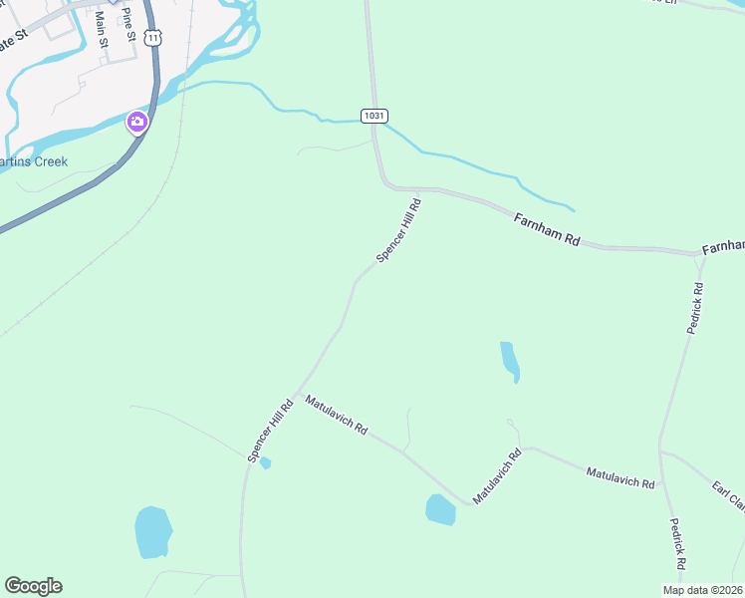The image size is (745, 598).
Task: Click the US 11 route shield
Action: coord(151,37)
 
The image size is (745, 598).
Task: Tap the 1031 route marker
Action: coord(373,116)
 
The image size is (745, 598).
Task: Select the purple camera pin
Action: coord(136,123)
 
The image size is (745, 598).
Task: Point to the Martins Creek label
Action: coord(34,161)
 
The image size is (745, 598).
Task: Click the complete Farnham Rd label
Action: coord(547,227)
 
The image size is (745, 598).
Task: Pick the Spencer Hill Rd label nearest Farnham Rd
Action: coord(398,230)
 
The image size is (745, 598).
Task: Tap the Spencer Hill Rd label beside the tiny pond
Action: coord(271,431)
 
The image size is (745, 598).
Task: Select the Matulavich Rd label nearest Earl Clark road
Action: coord(620,476)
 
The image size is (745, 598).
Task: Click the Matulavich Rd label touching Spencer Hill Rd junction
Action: coord(337,416)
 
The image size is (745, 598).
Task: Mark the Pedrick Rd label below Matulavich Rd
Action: coord(676,543)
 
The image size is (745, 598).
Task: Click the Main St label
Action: coord(100,29)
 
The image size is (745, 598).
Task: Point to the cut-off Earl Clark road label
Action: coord(729,497)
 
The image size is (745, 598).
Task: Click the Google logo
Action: coord(33,586)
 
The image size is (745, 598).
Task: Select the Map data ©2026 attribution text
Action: coord(702,590)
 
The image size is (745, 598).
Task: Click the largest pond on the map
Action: coord(152,532)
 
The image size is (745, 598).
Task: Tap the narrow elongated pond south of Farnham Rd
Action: coord(510,362)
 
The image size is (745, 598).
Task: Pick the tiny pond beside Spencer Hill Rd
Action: coord(265,462)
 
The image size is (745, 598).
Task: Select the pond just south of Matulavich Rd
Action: coord(440,509)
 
